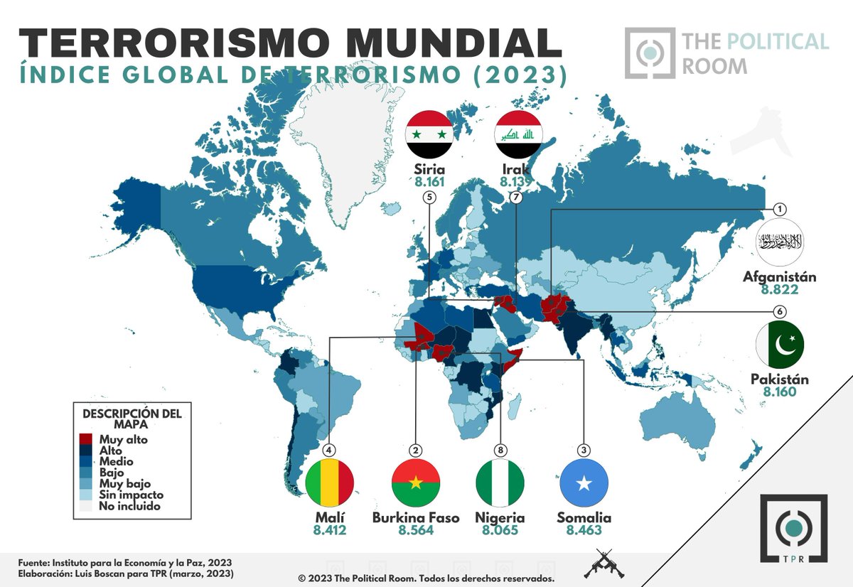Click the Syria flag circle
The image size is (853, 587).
click(429, 134)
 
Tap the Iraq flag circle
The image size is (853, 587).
click(518, 134)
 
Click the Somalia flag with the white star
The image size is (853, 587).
click(584, 483)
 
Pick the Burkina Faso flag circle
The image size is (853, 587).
click(416, 483)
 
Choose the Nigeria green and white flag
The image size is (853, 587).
click(500, 483)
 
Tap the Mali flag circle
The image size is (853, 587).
click(330, 483)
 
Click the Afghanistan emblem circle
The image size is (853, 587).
click(780, 242)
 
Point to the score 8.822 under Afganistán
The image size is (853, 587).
click(780, 290)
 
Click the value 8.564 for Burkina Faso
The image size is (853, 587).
click(416, 530)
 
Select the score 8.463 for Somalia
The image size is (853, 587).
click(584, 530)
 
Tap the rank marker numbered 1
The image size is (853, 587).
click(780, 208)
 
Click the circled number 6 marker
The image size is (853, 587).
click(780, 311)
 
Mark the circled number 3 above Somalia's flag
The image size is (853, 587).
click(584, 450)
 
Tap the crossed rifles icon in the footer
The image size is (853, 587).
click(599, 565)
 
